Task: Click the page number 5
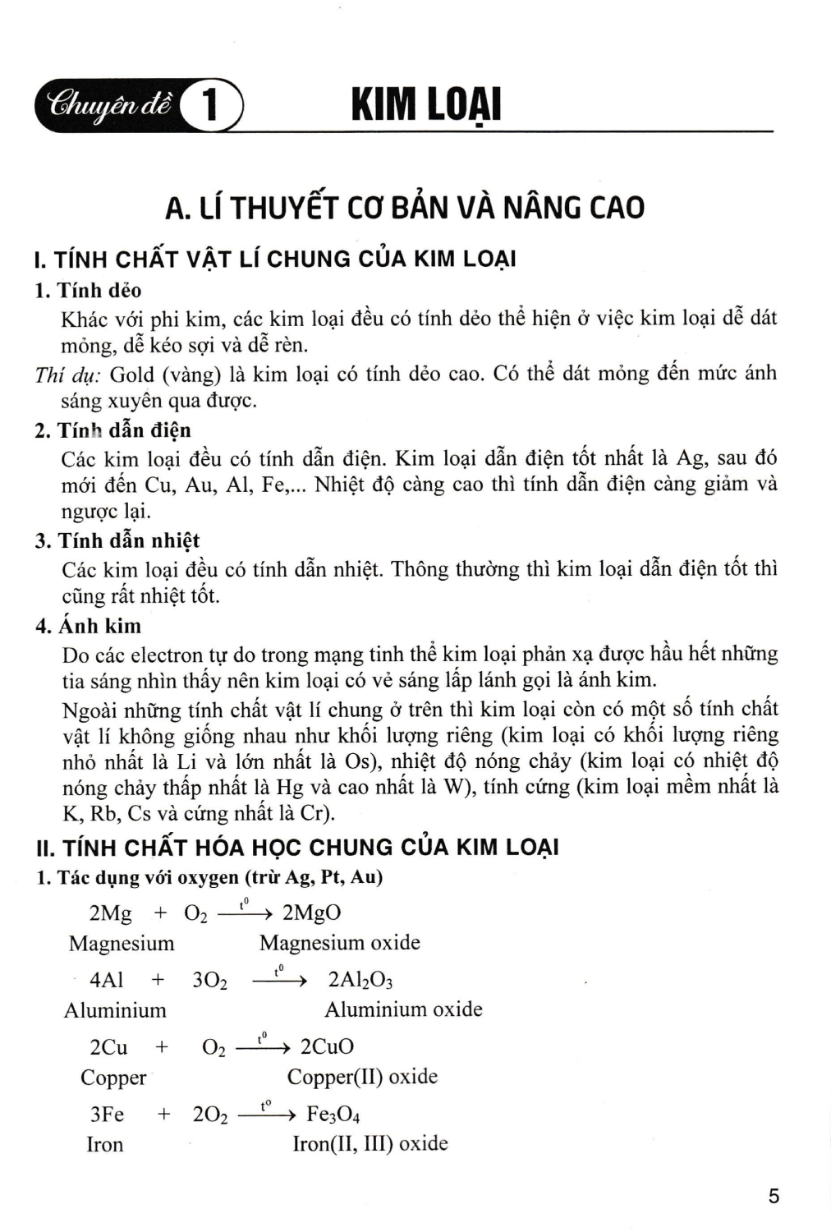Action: pyautogui.click(x=774, y=1196)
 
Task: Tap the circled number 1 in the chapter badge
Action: pyautogui.click(x=211, y=107)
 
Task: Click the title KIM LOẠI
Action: pyautogui.click(x=425, y=107)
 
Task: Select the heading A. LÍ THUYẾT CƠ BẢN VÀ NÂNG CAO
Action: pyautogui.click(x=405, y=207)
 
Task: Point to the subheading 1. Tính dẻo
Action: pyautogui.click(x=89, y=291)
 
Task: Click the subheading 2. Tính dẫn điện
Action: pyautogui.click(x=113, y=430)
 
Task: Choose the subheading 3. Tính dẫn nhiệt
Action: pyautogui.click(x=117, y=540)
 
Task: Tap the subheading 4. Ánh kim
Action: pyautogui.click(x=89, y=626)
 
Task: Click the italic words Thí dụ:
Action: pyautogui.click(x=68, y=375)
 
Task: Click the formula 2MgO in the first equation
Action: pyautogui.click(x=311, y=913)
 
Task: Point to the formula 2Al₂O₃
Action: pyautogui.click(x=360, y=980)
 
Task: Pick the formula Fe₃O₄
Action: pyautogui.click(x=333, y=1115)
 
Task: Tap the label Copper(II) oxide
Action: pyautogui.click(x=362, y=1077)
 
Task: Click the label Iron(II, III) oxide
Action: pyautogui.click(x=370, y=1143)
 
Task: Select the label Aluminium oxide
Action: pyautogui.click(x=403, y=1009)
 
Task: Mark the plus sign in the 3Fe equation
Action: pyautogui.click(x=164, y=1114)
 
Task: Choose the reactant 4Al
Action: pyautogui.click(x=107, y=980)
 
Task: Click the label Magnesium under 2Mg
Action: pyautogui.click(x=122, y=943)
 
